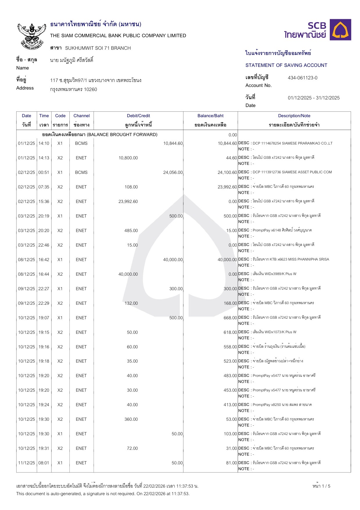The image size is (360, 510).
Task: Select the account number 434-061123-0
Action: coord(302,78)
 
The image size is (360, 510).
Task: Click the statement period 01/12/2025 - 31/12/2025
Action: coord(314,98)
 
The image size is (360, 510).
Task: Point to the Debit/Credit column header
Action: coord(138,116)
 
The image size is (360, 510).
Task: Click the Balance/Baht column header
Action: coord(210,116)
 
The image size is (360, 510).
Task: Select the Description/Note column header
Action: coord(294,116)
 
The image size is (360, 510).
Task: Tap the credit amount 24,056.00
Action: coord(173,172)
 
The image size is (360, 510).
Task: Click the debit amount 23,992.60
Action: coord(128,201)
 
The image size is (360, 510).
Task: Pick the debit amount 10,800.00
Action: coord(128,158)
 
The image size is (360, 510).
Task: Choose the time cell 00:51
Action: coord(44,172)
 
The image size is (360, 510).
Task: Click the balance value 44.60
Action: coord(232,158)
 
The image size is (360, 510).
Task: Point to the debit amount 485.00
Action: coord(131,231)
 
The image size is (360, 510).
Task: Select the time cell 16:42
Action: coord(44,260)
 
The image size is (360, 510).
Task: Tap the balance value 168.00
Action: coord(230,303)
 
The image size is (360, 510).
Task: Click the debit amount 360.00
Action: coord(131,419)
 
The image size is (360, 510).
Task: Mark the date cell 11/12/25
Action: coord(26,463)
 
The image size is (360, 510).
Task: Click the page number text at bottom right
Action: coord(321,486)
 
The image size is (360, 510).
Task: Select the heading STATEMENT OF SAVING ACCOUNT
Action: coord(286,65)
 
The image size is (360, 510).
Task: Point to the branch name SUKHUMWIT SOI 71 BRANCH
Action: coord(98,48)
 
